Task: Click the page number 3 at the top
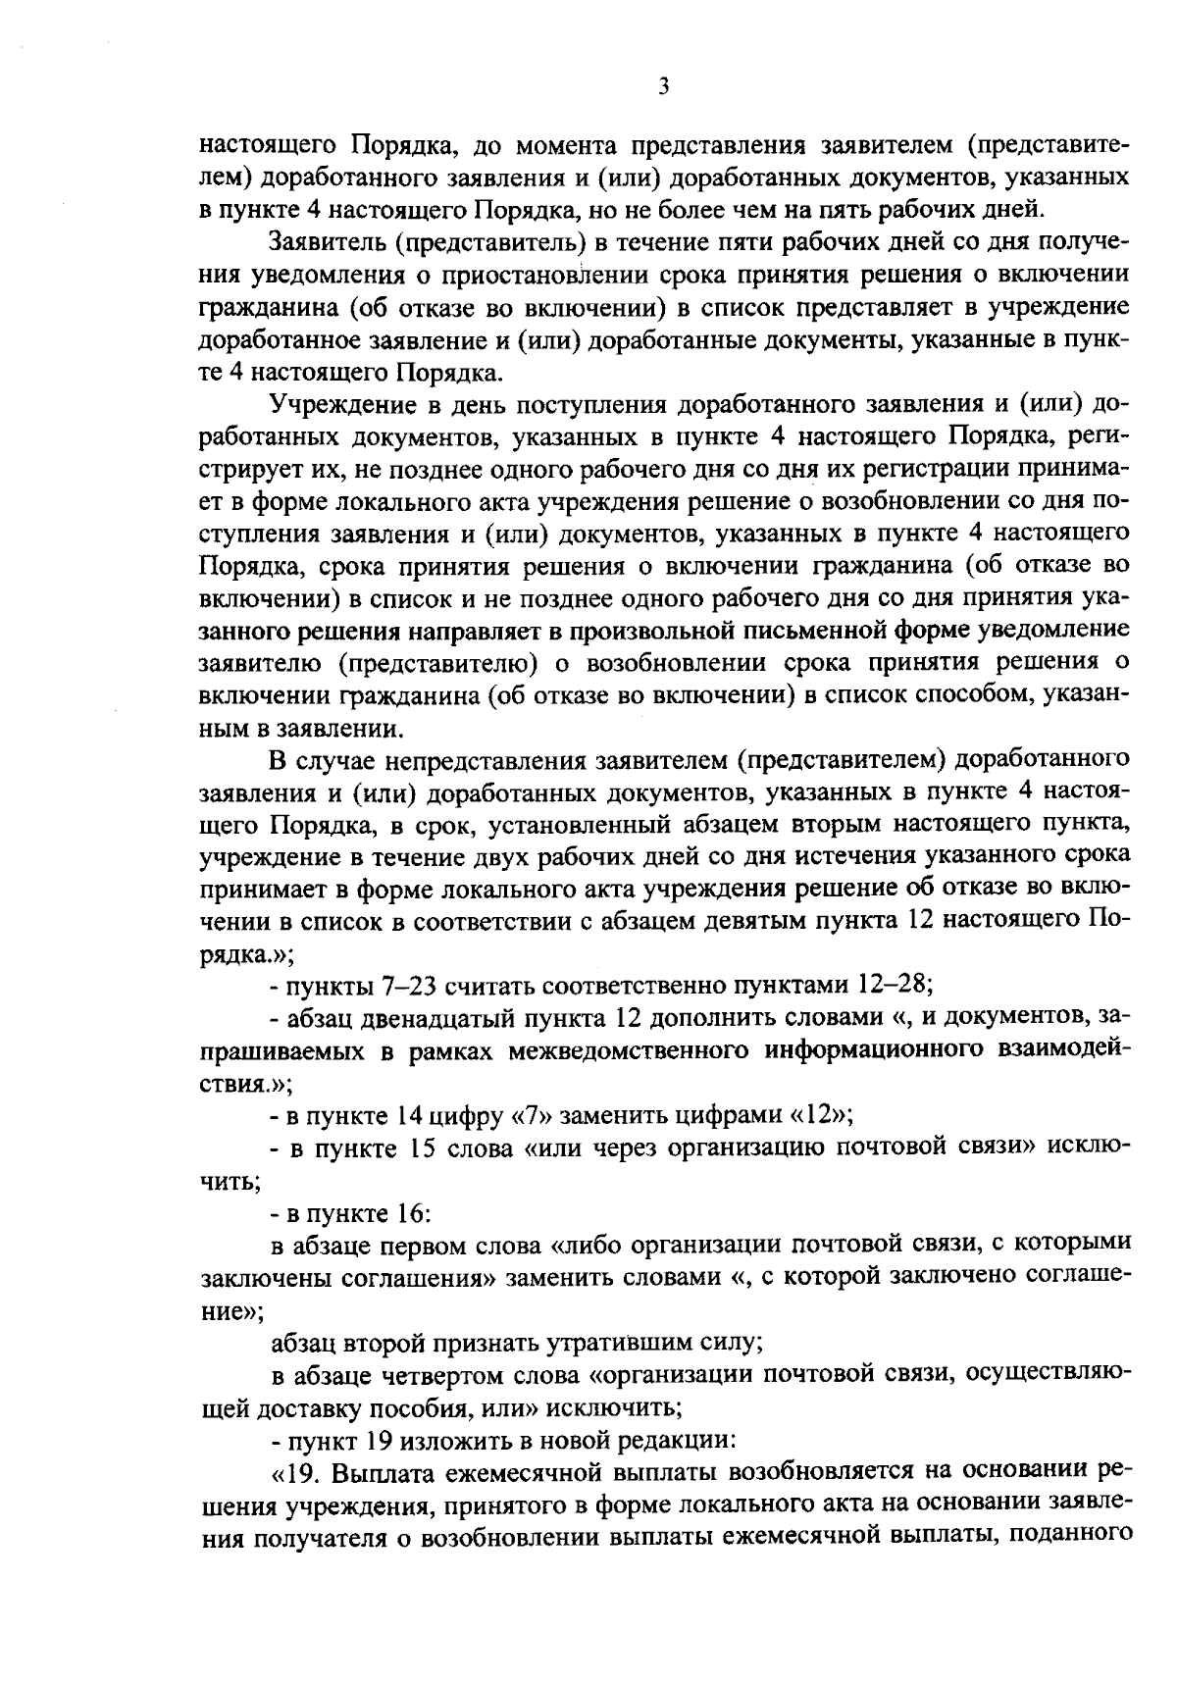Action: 664,87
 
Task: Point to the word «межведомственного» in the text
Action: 623,1049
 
